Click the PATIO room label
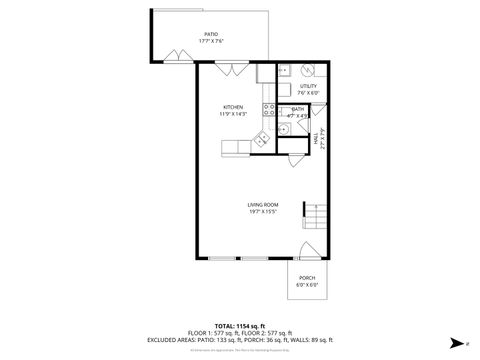211,34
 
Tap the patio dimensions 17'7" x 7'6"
211,41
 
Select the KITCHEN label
233,107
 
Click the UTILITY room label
308,87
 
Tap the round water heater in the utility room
308,71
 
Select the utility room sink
283,71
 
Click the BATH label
298,109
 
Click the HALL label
317,143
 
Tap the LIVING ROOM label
262,205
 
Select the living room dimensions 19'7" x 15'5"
262,212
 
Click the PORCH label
307,278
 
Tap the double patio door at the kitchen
231,67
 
